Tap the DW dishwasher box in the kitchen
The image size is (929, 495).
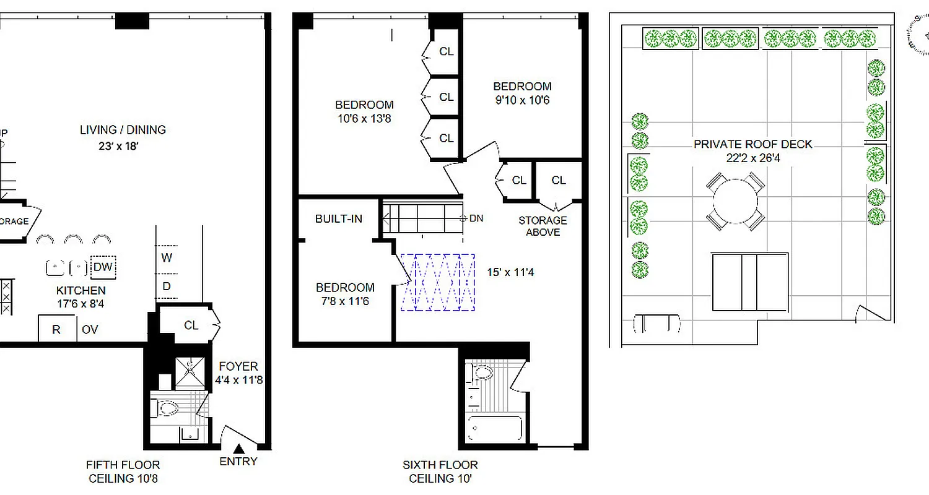click(x=103, y=267)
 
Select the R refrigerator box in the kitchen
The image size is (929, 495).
click(x=56, y=329)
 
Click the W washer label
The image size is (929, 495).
click(x=167, y=258)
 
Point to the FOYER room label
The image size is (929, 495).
click(x=238, y=366)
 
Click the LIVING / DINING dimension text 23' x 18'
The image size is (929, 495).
click(x=123, y=146)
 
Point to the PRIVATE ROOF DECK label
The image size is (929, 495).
click(x=752, y=144)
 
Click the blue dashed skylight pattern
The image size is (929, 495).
click(x=438, y=282)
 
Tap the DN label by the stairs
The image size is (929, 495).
click(x=476, y=218)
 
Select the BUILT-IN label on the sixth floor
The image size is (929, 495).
click(x=338, y=218)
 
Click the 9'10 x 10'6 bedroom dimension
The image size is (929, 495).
click(x=521, y=100)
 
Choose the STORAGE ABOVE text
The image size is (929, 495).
click(x=543, y=226)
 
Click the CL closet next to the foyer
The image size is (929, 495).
click(x=191, y=325)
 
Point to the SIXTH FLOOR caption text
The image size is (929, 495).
click(x=440, y=465)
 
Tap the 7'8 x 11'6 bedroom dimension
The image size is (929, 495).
click(x=344, y=301)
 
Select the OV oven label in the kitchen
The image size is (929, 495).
click(x=90, y=330)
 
